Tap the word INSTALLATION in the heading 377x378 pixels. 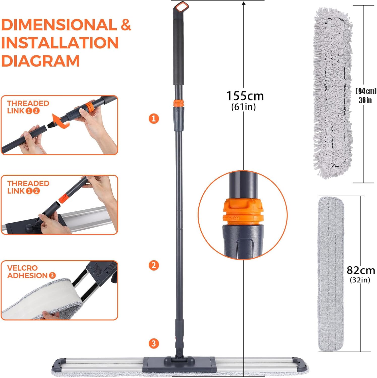click(x=60, y=43)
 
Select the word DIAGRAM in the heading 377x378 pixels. click(x=40, y=61)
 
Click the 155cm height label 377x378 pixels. click(x=245, y=96)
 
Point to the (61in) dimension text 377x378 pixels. click(x=243, y=107)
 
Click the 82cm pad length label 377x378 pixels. click(x=361, y=270)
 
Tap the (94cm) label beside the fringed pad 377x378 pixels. click(x=366, y=91)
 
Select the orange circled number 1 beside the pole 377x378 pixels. click(x=154, y=118)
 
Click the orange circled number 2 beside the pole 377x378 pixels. click(x=154, y=265)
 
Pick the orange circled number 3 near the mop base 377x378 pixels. click(x=154, y=343)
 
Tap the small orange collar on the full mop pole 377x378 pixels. click(x=178, y=103)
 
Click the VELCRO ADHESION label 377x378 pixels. click(x=31, y=272)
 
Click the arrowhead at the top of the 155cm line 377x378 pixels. click(x=244, y=4)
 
